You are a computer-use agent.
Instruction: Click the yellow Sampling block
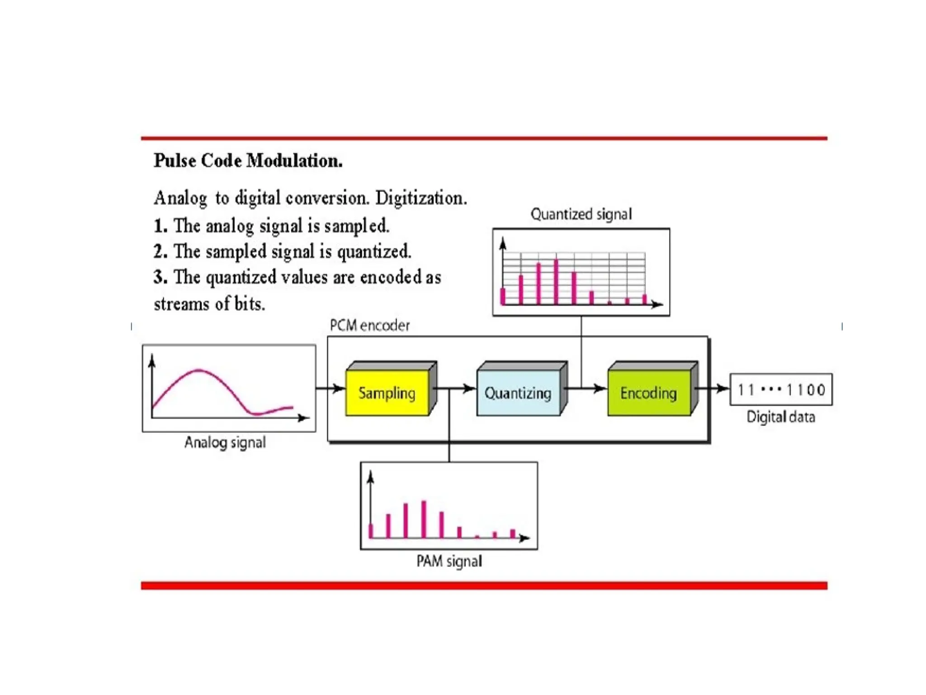[387, 393]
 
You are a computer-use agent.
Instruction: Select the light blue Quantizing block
[518, 393]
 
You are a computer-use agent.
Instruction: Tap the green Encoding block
[649, 393]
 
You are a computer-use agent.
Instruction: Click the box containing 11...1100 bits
[781, 390]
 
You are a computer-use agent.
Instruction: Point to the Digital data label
[781, 417]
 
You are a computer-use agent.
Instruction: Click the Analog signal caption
[225, 442]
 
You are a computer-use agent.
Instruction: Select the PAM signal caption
[449, 561]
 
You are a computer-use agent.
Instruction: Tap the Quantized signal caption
[581, 214]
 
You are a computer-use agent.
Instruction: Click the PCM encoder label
[369, 325]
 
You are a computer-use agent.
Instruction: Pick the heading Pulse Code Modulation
[248, 161]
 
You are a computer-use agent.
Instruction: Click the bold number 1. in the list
[160, 226]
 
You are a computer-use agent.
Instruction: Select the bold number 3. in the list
[160, 277]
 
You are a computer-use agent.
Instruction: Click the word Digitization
[421, 198]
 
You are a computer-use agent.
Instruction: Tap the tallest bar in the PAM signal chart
[424, 519]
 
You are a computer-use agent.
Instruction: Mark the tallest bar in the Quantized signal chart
[556, 281]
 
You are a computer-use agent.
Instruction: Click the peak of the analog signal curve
[199, 371]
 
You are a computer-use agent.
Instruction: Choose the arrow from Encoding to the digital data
[714, 388]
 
